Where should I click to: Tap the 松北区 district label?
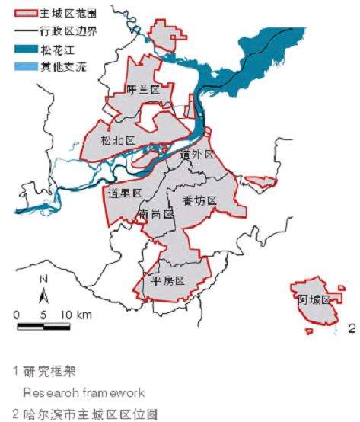click(x=118, y=141)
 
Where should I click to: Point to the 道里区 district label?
click(x=126, y=193)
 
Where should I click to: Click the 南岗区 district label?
click(x=158, y=215)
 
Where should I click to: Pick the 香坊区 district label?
click(x=200, y=200)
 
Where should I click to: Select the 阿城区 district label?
click(x=313, y=299)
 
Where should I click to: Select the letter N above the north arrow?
click(x=44, y=280)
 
